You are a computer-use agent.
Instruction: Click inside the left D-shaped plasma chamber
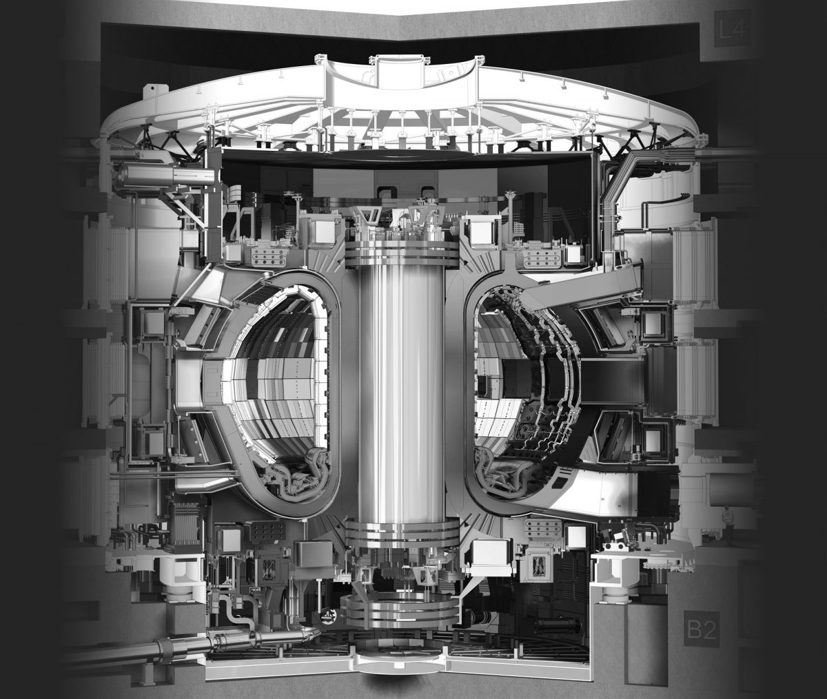[276, 386]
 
